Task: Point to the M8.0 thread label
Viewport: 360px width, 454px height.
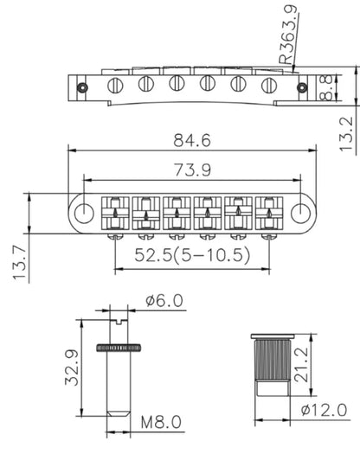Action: coord(162,424)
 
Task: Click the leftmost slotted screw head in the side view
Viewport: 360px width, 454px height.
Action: coord(114,83)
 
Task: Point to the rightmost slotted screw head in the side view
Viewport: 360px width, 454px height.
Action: coord(268,85)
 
